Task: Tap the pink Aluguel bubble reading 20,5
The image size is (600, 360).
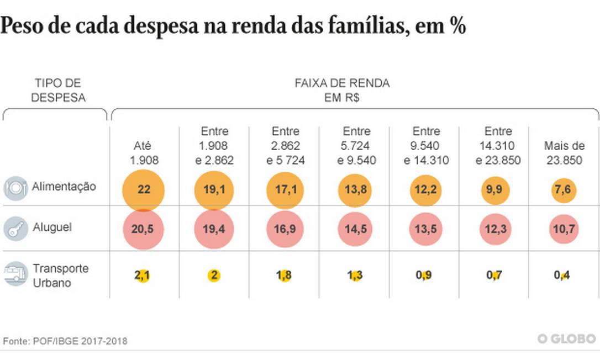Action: (144, 229)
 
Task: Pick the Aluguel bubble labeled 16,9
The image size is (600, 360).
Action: (285, 229)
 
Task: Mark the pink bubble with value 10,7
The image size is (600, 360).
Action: (564, 229)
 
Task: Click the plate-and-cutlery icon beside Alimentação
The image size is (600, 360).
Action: (15, 188)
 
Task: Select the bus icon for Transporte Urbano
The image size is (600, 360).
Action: (15, 274)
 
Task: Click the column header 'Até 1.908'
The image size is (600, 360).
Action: (144, 153)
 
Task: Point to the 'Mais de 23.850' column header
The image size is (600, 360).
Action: (564, 153)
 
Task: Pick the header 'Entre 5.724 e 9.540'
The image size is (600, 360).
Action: (356, 146)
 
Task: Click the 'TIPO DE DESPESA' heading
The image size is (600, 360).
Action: (58, 91)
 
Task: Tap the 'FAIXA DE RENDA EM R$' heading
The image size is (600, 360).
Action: (343, 91)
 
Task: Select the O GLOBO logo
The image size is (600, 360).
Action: (567, 338)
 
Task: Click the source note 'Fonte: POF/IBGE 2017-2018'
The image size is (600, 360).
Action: (65, 341)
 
